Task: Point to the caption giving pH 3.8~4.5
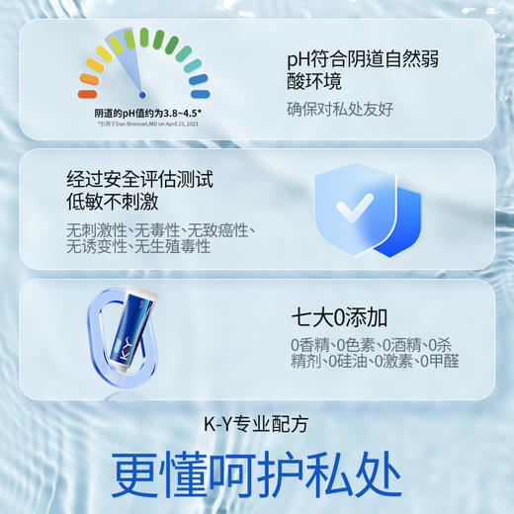click(143, 113)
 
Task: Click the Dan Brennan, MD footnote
click(143, 125)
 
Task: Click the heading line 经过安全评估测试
click(139, 180)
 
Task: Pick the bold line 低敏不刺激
click(115, 204)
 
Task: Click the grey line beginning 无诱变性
click(138, 247)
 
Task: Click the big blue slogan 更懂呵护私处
click(256, 475)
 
